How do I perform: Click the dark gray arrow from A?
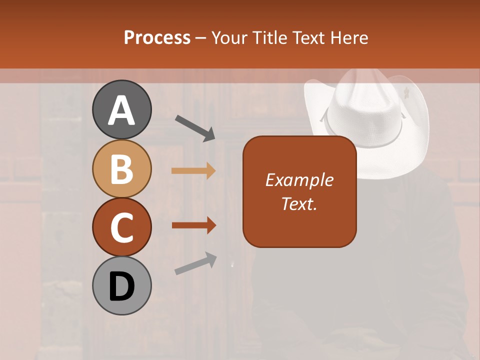(x=195, y=127)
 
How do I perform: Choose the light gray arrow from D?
(x=195, y=264)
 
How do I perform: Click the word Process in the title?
(x=157, y=37)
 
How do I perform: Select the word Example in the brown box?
(x=299, y=180)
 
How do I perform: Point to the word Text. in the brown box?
(x=299, y=203)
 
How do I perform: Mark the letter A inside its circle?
(x=121, y=110)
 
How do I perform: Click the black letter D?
(x=121, y=287)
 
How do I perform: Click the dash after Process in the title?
(x=201, y=38)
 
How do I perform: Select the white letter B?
(x=121, y=169)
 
